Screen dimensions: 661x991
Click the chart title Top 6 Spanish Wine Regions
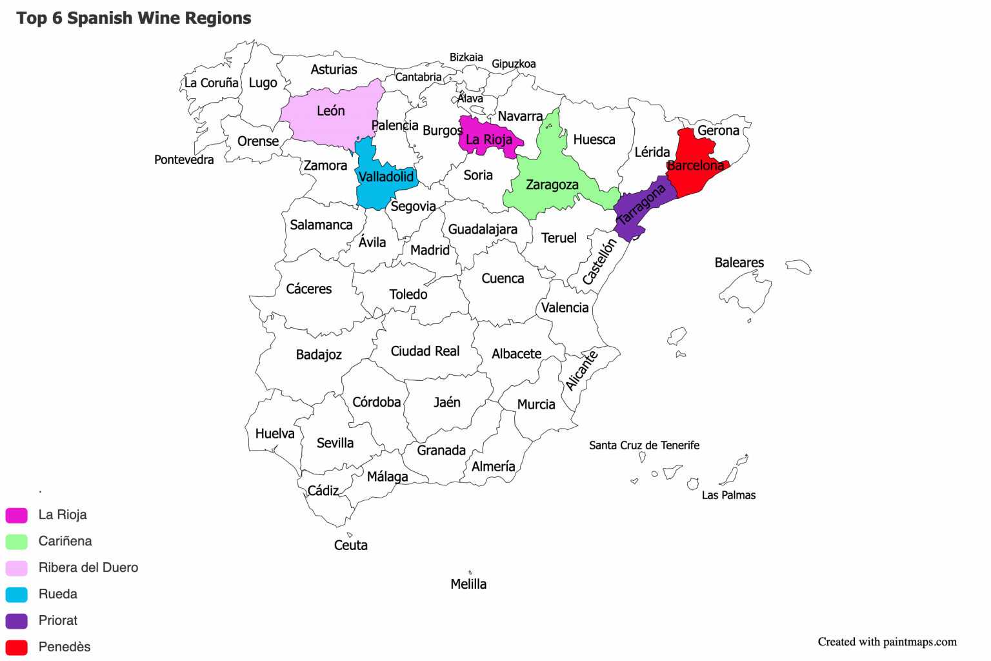click(x=134, y=18)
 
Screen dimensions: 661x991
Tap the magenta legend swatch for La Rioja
click(x=17, y=515)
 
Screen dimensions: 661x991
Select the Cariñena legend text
click(x=65, y=541)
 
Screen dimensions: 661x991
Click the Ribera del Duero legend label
click(x=88, y=567)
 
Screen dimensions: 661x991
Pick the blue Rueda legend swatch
click(x=17, y=595)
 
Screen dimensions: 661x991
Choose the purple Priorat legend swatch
click(x=17, y=621)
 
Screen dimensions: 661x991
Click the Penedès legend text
click(x=65, y=647)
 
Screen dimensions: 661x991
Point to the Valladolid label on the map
click(x=386, y=177)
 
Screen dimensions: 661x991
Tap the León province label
click(x=331, y=111)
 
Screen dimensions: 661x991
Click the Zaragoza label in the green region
click(x=552, y=185)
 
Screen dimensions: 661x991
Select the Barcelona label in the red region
click(x=696, y=166)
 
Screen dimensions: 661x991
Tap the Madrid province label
click(x=430, y=250)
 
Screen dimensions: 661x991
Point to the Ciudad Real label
click(x=425, y=351)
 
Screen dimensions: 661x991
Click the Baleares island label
click(x=739, y=263)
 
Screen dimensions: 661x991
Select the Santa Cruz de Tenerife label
click(x=644, y=445)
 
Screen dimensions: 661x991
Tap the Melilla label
click(x=468, y=584)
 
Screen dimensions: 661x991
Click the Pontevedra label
click(x=184, y=160)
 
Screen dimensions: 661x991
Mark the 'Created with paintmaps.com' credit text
click(x=887, y=642)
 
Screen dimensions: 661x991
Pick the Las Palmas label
click(x=729, y=495)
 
